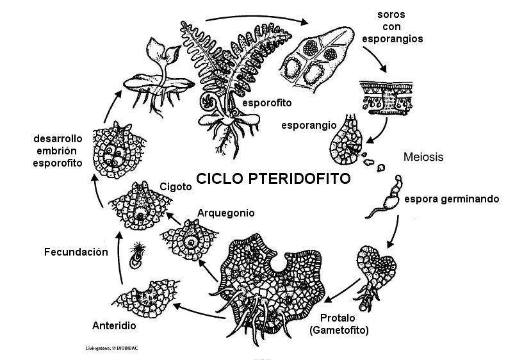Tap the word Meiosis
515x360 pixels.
point(423,156)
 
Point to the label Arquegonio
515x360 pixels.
point(226,212)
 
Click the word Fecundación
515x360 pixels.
point(75,252)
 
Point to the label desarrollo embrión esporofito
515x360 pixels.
point(58,151)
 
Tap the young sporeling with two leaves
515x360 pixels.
point(155,69)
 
